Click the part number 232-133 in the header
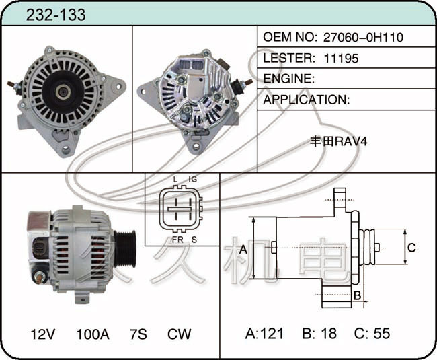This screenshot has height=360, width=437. [56, 15]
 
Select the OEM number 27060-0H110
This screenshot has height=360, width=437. [363, 37]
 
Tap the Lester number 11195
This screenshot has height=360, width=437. [341, 59]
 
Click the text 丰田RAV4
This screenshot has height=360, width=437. [339, 141]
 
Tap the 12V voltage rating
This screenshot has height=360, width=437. [43, 334]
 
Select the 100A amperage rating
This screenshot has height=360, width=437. [93, 334]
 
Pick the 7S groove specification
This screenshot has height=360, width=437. [138, 334]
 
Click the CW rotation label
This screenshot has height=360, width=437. [180, 334]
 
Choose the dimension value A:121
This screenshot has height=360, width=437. [264, 334]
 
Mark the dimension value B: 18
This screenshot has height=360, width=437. [319, 334]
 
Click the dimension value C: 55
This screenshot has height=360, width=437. [372, 334]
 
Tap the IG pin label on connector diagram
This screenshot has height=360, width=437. [192, 179]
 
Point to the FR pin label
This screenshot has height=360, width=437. [177, 240]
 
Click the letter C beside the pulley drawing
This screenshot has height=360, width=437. [411, 248]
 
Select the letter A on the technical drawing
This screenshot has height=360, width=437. [243, 250]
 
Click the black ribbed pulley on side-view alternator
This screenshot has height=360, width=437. [125, 249]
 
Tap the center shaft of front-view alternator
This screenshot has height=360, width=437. [62, 92]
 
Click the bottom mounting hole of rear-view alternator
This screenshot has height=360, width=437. [196, 146]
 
